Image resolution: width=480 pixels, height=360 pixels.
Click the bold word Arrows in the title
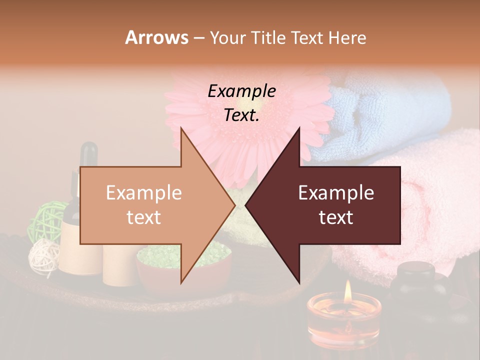coord(156,37)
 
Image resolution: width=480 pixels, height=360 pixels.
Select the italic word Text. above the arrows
coord(241,115)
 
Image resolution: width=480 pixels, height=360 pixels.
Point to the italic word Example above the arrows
coord(241,91)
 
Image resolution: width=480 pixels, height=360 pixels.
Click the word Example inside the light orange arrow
coord(144,193)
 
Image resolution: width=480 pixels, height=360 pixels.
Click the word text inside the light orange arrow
coord(144,217)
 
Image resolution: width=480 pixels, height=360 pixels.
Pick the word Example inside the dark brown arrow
coord(336,193)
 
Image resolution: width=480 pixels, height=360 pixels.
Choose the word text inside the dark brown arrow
coord(336,217)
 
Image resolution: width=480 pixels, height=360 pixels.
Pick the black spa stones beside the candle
coord(417,285)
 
